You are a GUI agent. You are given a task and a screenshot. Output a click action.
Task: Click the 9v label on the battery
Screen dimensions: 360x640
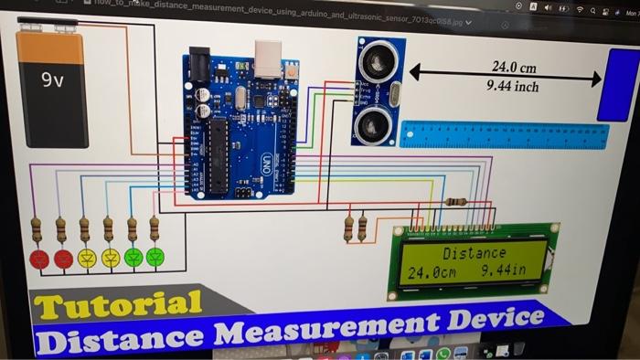click(x=53, y=80)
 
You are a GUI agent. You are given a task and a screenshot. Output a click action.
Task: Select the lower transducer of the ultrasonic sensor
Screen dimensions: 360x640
click(x=374, y=121)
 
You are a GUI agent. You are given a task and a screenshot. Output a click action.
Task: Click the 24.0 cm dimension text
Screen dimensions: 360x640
click(x=514, y=68)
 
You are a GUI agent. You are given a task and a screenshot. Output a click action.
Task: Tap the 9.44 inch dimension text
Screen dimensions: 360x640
click(x=513, y=87)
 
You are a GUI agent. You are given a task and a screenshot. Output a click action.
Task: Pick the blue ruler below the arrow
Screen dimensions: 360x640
click(x=504, y=135)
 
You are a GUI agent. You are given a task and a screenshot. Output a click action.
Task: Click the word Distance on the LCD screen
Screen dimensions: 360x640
click(x=474, y=253)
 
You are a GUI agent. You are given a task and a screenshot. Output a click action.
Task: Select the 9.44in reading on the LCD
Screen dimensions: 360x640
click(x=504, y=271)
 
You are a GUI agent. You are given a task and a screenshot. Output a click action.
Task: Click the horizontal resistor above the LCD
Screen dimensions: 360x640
click(x=454, y=202)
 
